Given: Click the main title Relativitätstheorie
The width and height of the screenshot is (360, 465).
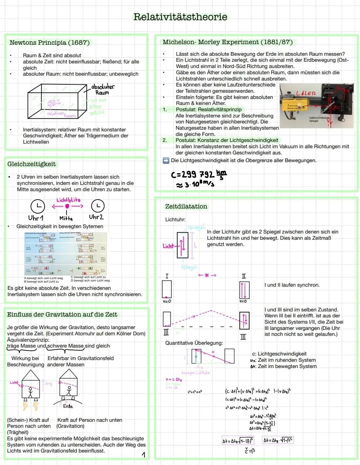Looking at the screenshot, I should (x=180, y=17).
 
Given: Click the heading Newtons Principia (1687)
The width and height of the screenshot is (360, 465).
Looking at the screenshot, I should (x=49, y=43).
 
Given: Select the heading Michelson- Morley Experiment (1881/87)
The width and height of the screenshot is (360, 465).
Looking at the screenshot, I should (x=227, y=42).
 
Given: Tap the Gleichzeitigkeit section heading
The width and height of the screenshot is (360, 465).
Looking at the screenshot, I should (x=31, y=164).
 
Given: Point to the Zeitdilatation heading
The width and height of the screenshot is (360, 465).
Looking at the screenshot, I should (x=186, y=206).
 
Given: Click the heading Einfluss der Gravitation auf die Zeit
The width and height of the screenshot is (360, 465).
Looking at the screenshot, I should (x=62, y=314).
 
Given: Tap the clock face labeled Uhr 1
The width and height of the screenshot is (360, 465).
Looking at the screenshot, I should (x=37, y=206).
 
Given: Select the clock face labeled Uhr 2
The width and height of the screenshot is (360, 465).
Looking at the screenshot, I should (x=98, y=206).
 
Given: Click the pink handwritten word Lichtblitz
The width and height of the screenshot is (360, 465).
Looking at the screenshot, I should (x=68, y=200).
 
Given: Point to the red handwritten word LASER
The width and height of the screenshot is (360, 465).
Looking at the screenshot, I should (x=306, y=93).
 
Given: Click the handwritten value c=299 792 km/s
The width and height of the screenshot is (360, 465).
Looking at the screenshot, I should (x=199, y=175).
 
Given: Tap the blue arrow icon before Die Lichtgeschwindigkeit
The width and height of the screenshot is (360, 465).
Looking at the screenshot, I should (x=166, y=161).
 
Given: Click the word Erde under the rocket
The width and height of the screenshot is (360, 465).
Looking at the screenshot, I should (x=68, y=406).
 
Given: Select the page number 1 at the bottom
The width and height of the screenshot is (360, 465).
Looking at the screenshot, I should (x=143, y=455).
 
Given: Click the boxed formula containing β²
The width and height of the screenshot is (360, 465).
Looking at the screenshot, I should (x=278, y=440).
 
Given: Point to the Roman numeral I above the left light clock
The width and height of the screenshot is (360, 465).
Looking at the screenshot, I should (x=167, y=276).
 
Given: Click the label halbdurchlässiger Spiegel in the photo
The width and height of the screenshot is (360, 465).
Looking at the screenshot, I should (x=319, y=119).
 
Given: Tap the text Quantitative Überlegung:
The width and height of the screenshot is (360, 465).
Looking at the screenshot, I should (x=194, y=343).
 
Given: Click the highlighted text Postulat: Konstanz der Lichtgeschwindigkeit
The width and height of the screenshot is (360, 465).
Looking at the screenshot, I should (x=227, y=140).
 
